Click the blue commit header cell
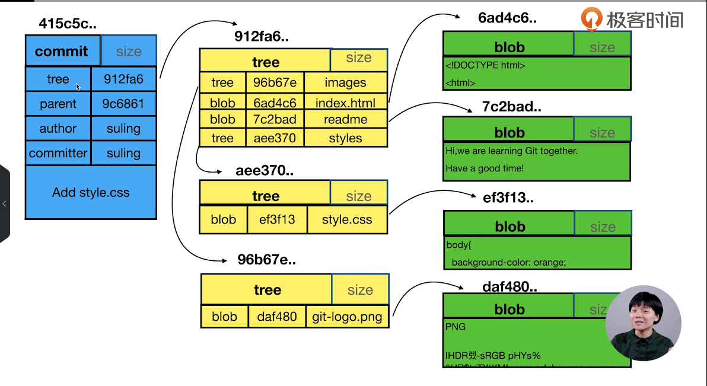click(x=62, y=52)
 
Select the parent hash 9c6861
click(x=123, y=104)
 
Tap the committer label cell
click(x=58, y=153)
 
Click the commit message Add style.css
click(x=91, y=192)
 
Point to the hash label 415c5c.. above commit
click(x=68, y=24)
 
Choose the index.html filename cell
click(x=345, y=103)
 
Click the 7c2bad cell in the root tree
click(x=275, y=120)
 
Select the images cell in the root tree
click(x=345, y=83)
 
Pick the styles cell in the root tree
click(x=345, y=138)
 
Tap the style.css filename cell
click(x=347, y=219)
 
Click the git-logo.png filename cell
click(x=348, y=317)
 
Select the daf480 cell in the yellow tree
click(x=277, y=317)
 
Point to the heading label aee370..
click(x=265, y=171)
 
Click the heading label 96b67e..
click(x=266, y=260)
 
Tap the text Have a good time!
click(x=485, y=168)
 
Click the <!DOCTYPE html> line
click(x=485, y=66)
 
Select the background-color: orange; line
click(x=509, y=262)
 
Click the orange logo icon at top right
click(x=591, y=19)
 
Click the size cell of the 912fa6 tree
click(x=358, y=58)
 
